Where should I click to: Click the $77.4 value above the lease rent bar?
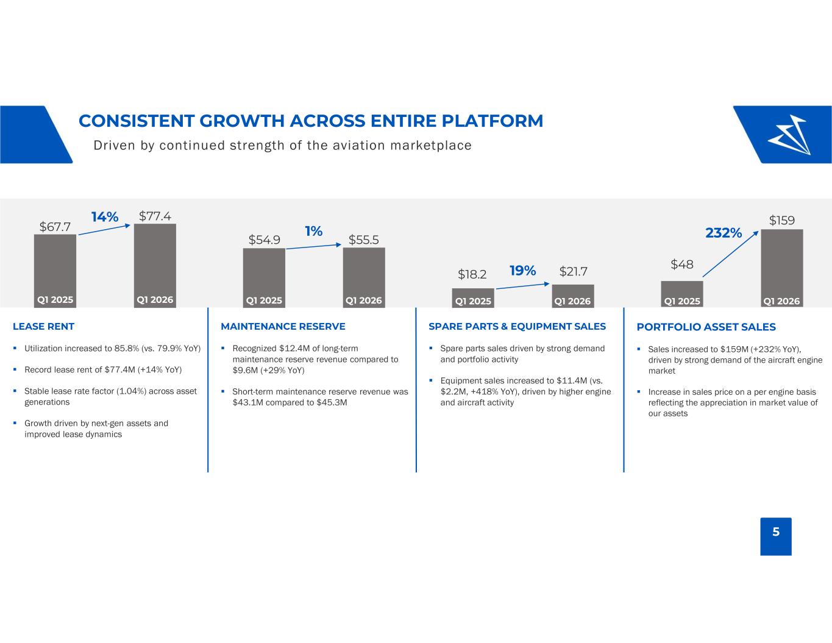[x=155, y=216]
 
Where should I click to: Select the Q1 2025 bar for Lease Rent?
[x=55, y=271]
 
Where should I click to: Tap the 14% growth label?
[x=104, y=217]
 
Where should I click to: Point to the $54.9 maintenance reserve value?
[x=264, y=240]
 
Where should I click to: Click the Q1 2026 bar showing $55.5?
[x=364, y=277]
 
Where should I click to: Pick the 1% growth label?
[x=313, y=231]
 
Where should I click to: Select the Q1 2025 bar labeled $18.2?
[x=473, y=298]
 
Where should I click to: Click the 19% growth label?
[x=522, y=271]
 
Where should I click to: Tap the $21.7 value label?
[x=573, y=271]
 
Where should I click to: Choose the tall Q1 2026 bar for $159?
[x=782, y=268]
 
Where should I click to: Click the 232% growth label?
[x=724, y=233]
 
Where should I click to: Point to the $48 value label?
[x=682, y=264]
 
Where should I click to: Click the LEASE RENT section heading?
[x=43, y=327]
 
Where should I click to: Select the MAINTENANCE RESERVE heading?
[x=283, y=327]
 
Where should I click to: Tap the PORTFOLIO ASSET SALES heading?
[x=706, y=327]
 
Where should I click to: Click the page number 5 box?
[x=776, y=536]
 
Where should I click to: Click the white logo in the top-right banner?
[x=789, y=135]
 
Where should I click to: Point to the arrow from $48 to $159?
[x=731, y=254]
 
